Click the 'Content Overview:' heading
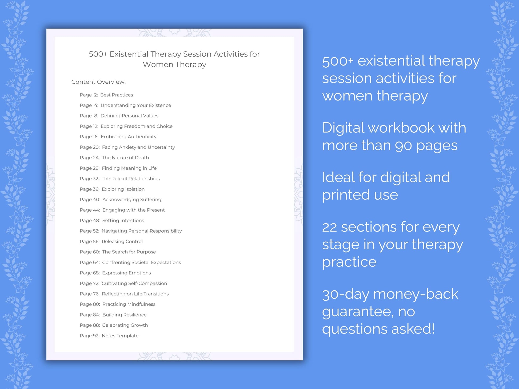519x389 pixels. [x=98, y=82]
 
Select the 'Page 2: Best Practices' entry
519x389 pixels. [x=106, y=95]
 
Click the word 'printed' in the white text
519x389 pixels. [x=346, y=195]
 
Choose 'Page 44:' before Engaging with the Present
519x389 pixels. [x=90, y=210]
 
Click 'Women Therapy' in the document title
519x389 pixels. [x=174, y=64]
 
